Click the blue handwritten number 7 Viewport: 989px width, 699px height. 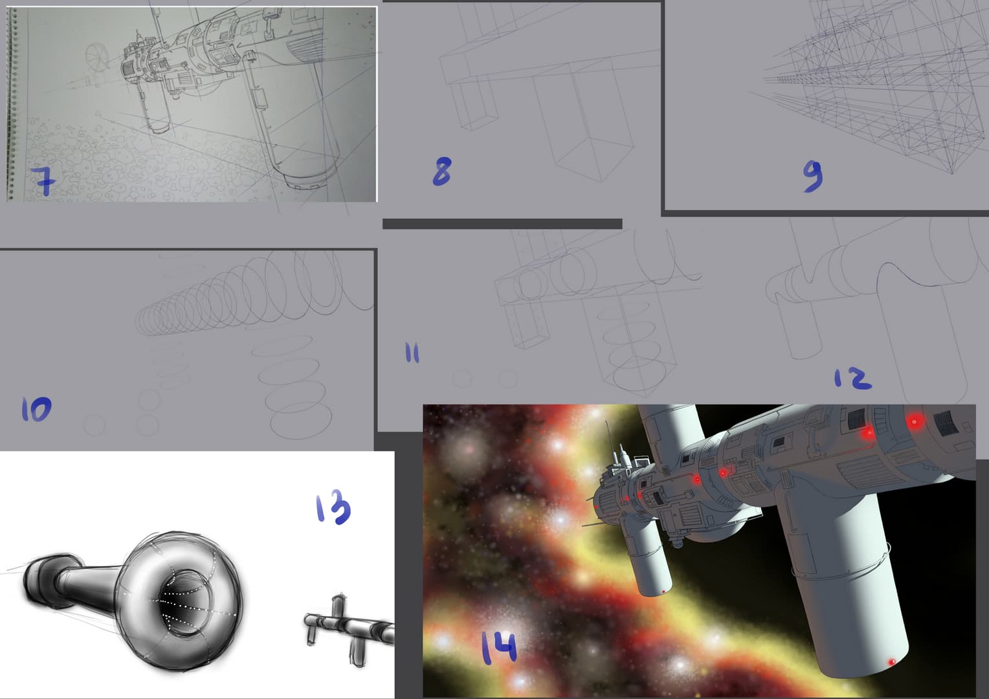[x=43, y=181]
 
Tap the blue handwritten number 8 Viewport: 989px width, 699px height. [x=442, y=172]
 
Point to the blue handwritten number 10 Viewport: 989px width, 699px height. [x=36, y=409]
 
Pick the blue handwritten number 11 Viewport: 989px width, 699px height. [x=412, y=353]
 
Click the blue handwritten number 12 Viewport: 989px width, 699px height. [x=852, y=379]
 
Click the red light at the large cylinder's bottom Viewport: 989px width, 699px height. [x=892, y=662]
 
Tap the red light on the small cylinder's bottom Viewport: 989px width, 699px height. [x=663, y=592]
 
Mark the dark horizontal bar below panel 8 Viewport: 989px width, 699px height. [x=502, y=224]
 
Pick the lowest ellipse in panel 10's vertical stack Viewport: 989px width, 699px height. [x=301, y=419]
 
